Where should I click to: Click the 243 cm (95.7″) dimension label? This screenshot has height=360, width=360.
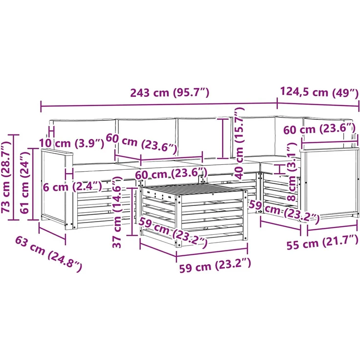coord(170,93)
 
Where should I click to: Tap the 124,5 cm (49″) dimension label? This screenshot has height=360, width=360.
coord(319,92)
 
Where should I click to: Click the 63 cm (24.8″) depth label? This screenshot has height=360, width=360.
coord(48,254)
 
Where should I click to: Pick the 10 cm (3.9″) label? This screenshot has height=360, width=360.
coord(71,143)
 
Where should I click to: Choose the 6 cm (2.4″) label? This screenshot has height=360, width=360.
coord(72,187)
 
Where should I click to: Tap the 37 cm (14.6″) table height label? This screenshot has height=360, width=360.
coord(117,209)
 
